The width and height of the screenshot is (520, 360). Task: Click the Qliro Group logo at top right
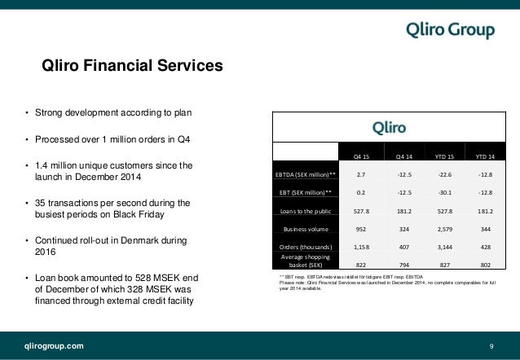click(x=451, y=31)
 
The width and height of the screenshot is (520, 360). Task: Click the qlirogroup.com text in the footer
click(x=52, y=346)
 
